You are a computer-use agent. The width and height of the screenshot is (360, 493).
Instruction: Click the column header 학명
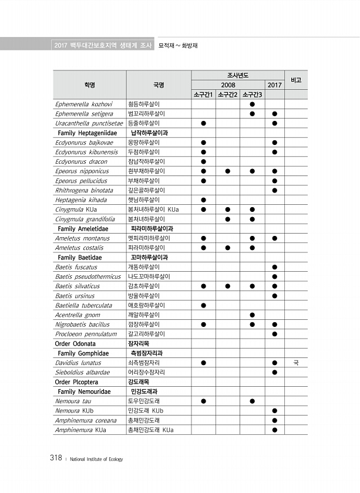click(x=89, y=85)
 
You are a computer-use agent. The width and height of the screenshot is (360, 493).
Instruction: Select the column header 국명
click(x=159, y=85)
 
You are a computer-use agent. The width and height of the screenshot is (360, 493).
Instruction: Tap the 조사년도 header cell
click(x=238, y=75)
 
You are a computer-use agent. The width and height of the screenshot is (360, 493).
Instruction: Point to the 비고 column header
click(x=295, y=80)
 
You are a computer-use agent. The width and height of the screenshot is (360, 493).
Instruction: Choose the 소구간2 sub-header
click(x=227, y=94)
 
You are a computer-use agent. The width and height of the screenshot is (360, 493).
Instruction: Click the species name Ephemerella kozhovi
click(x=83, y=104)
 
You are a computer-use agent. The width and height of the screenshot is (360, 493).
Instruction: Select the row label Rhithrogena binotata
click(x=84, y=190)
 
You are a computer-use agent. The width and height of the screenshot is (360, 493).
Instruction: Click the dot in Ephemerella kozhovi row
click(x=252, y=104)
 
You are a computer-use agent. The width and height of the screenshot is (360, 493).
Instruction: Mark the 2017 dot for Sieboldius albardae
click(x=274, y=372)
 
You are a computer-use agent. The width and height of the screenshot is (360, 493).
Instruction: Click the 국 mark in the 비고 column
click(x=295, y=363)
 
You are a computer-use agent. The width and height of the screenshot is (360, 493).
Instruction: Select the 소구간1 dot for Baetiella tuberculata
click(x=203, y=305)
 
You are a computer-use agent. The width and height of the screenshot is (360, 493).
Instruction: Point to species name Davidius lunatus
click(x=78, y=363)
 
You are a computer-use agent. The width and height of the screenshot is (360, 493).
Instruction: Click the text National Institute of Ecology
click(x=96, y=459)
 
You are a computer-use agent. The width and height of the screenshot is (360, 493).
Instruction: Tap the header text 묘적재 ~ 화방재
click(x=177, y=45)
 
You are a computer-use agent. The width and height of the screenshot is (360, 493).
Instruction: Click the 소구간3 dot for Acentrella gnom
click(x=252, y=315)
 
